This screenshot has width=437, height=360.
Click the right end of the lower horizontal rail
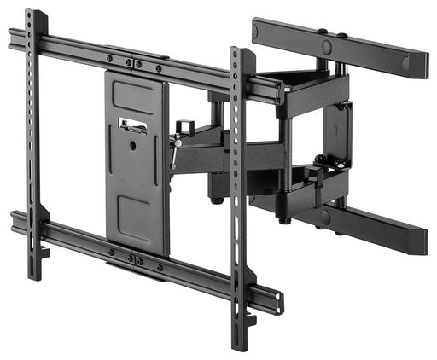point(275,300)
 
